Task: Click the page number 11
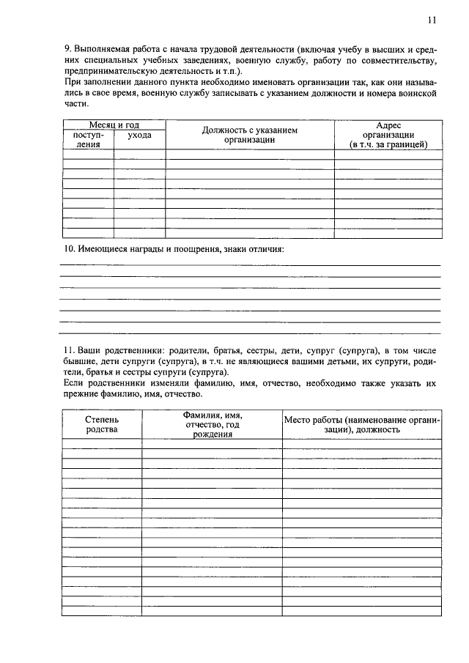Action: pos(432,20)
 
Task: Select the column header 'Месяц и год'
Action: pos(114,125)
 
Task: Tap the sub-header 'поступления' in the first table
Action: pos(89,140)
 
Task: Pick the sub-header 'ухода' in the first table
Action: pos(139,136)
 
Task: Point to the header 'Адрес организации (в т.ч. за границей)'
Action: pos(388,136)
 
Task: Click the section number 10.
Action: pos(67,249)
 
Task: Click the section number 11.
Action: pos(67,352)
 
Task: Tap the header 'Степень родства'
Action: pos(101,424)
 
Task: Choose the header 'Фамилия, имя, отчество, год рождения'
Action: pos(213,424)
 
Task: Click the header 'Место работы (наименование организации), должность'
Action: pos(362,424)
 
